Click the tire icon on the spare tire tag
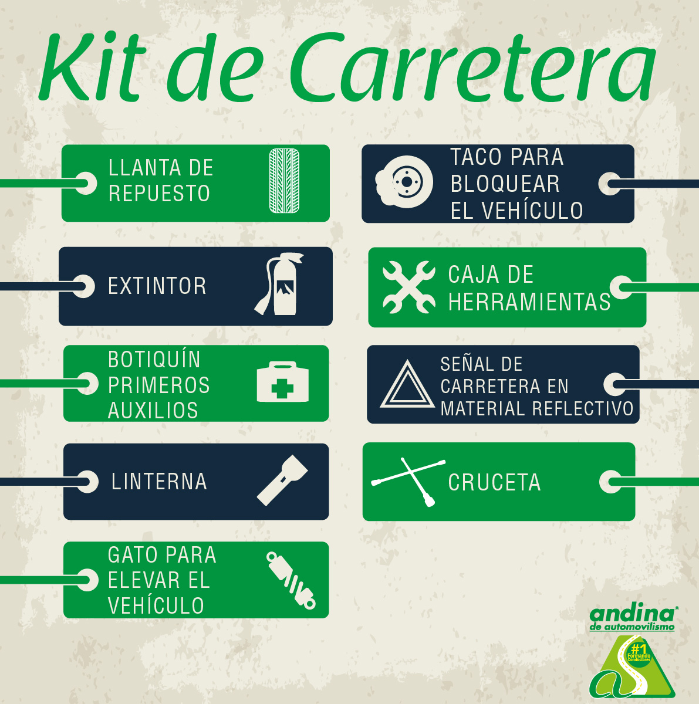click(x=284, y=181)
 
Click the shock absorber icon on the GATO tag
click(x=291, y=580)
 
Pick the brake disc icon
click(x=404, y=182)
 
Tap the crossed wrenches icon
click(x=409, y=287)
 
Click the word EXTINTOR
click(x=157, y=286)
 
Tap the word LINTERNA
click(x=159, y=482)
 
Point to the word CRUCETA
click(x=494, y=482)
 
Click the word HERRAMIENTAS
click(x=529, y=302)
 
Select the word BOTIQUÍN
click(x=154, y=359)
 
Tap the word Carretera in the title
click(x=472, y=69)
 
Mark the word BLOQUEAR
click(x=505, y=184)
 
